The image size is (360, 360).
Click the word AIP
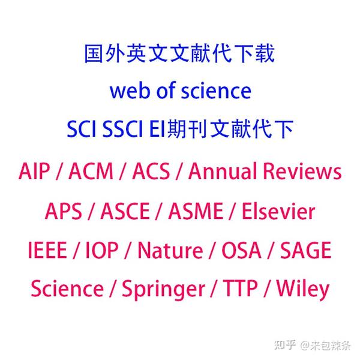[35, 172]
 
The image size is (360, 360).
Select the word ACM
[91, 172]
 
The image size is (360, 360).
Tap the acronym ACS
[150, 172]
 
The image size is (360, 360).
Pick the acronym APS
[63, 211]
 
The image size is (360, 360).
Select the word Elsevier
[278, 211]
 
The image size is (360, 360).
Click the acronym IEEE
[47, 250]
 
